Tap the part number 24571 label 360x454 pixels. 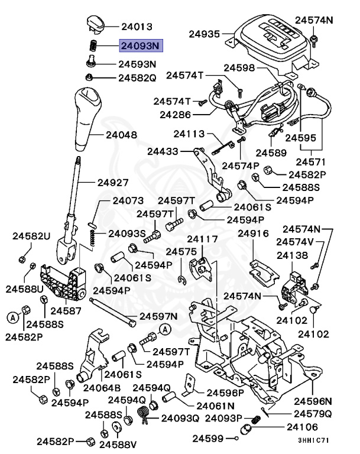click(x=313, y=161)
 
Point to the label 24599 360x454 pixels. click(x=211, y=439)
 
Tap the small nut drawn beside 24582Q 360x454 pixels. click(x=88, y=77)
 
